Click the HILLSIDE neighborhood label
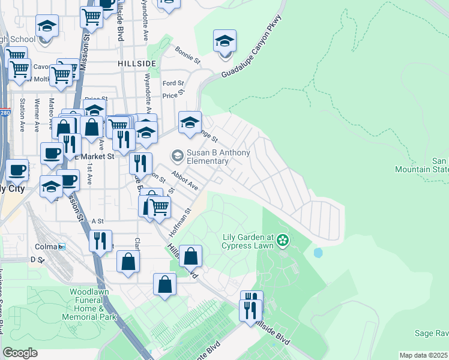137,63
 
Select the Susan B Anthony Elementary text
218,157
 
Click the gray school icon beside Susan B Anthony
177,156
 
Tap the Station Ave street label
22,115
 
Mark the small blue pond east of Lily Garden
318,253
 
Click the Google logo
19,353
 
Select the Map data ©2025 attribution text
424,355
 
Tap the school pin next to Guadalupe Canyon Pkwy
224,42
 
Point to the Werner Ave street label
37,115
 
